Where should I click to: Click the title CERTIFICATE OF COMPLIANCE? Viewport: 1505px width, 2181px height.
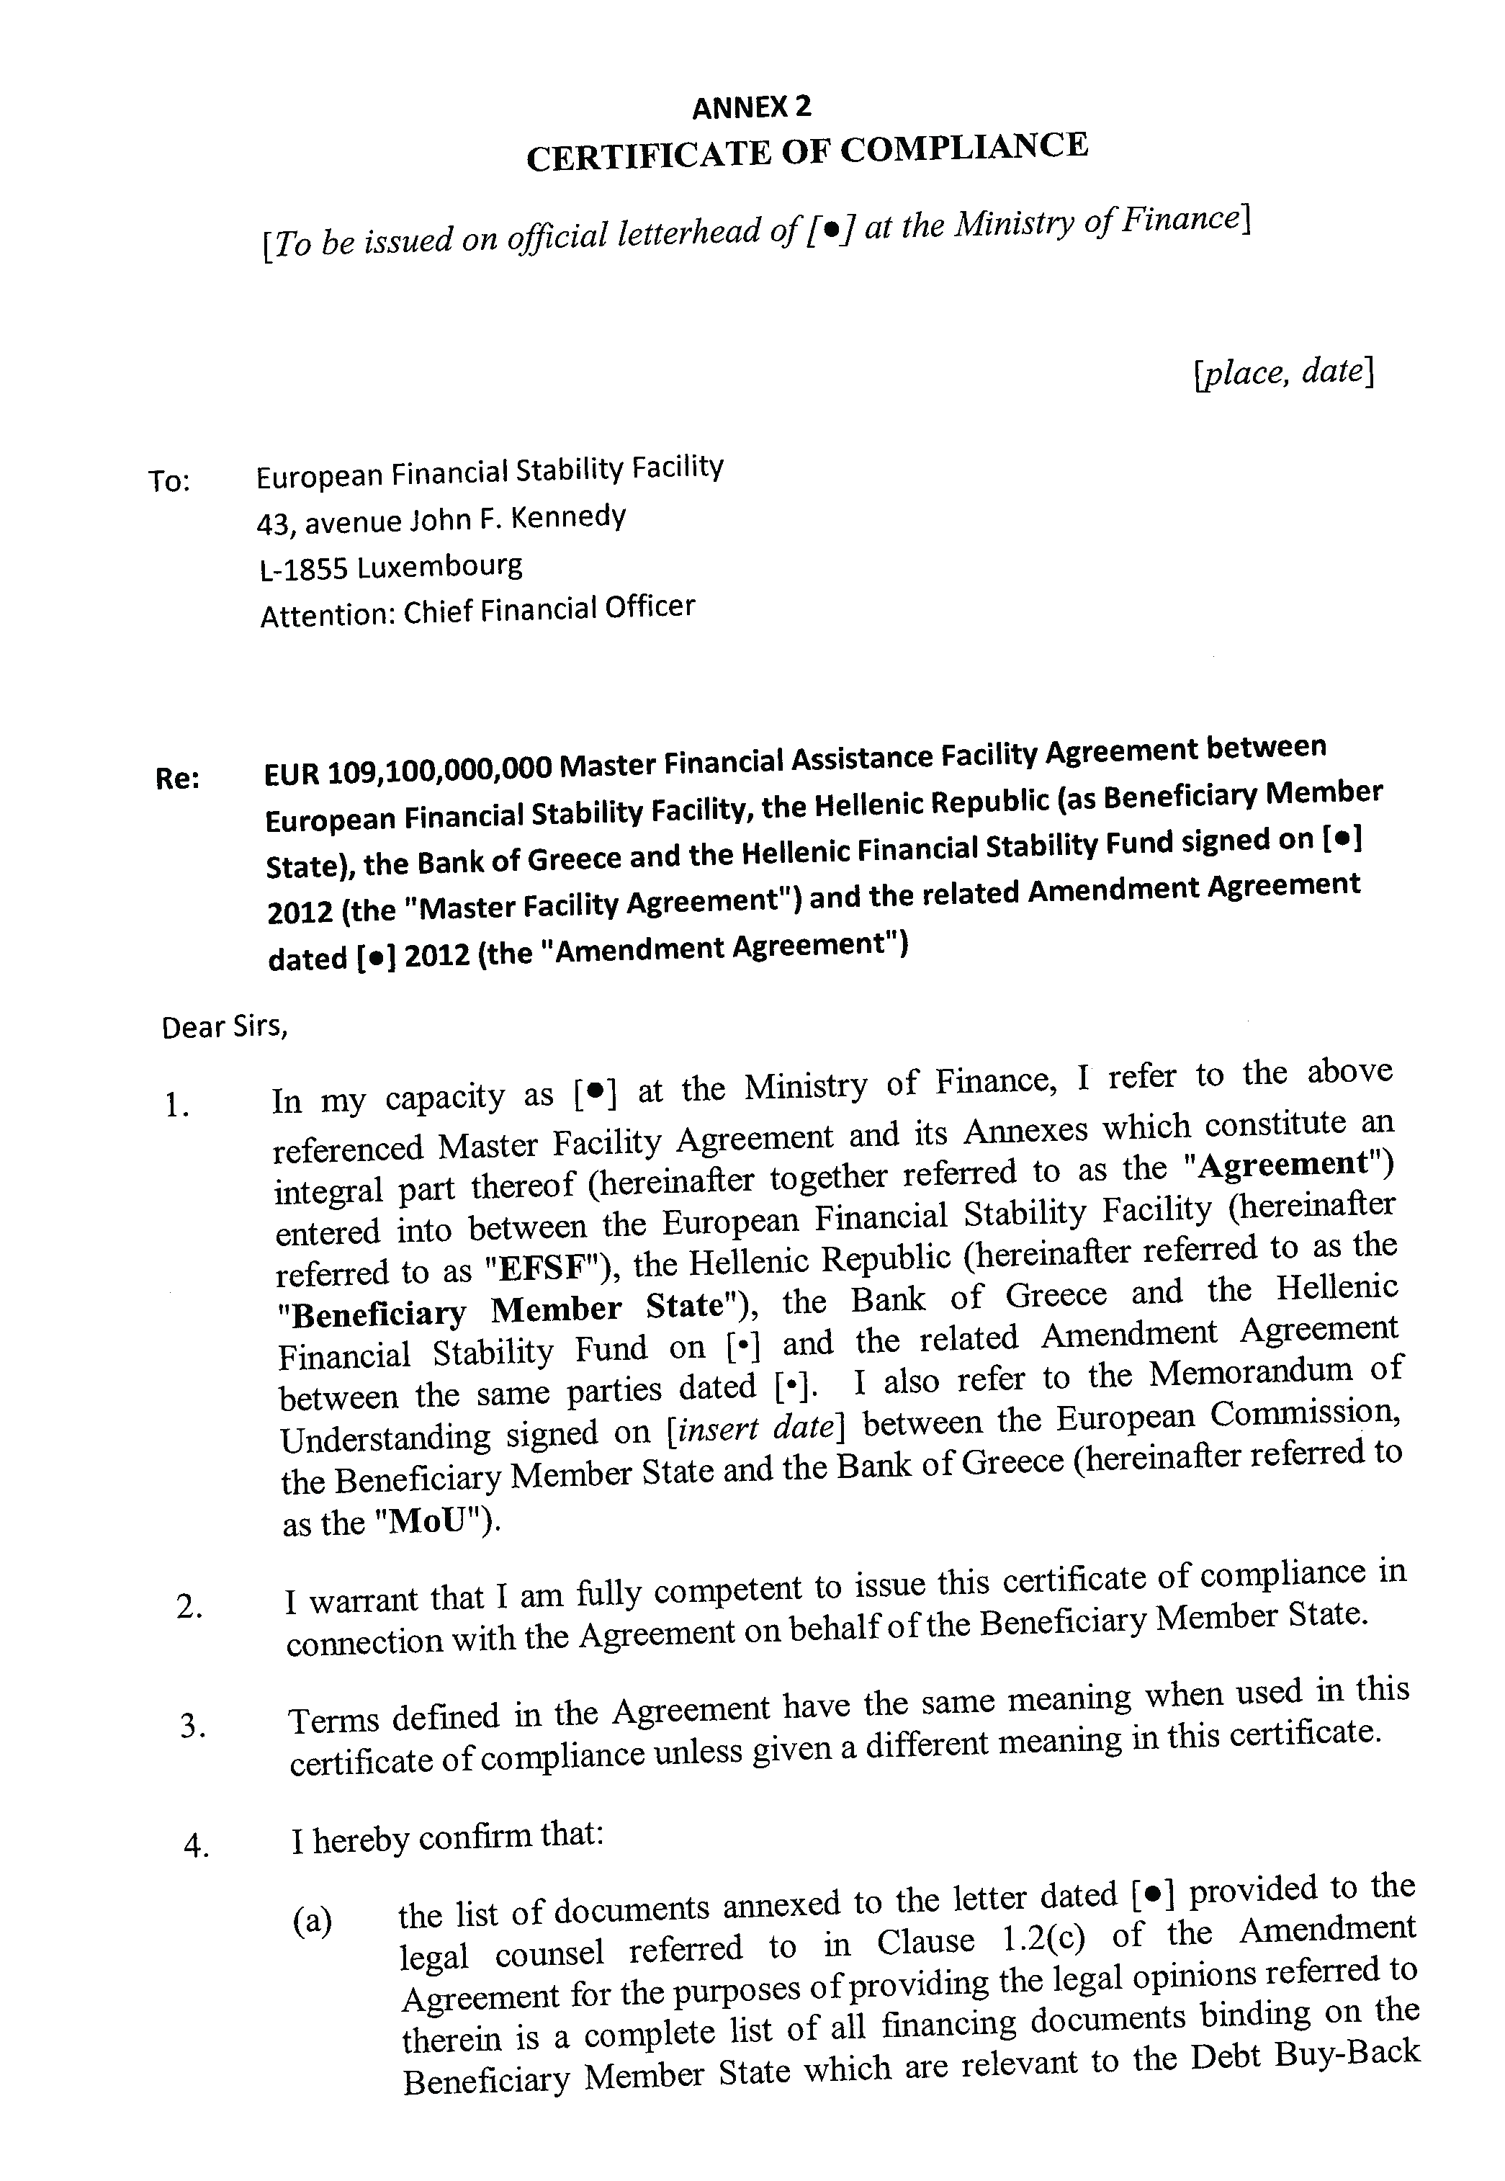(807, 152)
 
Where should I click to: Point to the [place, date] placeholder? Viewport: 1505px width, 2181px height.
(1282, 372)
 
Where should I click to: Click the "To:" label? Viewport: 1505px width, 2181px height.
(169, 482)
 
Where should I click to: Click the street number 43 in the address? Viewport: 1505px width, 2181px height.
(274, 522)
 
